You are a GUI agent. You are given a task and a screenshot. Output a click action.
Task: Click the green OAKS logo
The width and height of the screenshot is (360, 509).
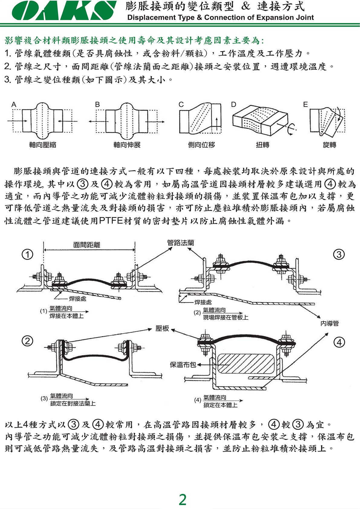[64, 11]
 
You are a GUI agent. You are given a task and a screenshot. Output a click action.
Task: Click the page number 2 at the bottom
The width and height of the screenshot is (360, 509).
[183, 500]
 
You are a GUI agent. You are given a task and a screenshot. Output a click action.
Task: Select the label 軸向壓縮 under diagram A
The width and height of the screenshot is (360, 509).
[43, 145]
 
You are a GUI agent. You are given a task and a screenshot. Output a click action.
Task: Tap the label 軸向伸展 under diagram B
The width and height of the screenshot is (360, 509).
[127, 145]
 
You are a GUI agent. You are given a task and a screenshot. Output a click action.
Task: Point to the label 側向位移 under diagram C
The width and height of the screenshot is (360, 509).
[202, 145]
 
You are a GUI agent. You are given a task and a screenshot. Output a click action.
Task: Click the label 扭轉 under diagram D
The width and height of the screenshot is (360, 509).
[262, 145]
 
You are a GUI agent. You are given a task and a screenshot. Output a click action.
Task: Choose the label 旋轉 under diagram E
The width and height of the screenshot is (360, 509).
[329, 145]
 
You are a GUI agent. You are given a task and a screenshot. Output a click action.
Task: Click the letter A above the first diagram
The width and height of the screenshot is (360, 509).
[14, 105]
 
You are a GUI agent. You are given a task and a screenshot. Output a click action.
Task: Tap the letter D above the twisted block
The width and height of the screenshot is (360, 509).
[233, 105]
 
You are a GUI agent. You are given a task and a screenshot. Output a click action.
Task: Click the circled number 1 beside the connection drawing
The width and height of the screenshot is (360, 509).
[28, 254]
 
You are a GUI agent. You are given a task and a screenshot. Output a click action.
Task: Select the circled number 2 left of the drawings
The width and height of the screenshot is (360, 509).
[28, 341]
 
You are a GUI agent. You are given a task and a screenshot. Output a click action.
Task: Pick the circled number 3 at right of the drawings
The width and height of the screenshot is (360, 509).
[339, 254]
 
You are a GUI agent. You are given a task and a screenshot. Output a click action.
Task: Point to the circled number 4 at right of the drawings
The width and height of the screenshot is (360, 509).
[339, 342]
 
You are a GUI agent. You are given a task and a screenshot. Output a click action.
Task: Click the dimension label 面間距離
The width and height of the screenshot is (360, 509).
[87, 245]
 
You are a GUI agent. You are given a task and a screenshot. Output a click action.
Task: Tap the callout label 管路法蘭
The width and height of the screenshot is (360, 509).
[180, 243]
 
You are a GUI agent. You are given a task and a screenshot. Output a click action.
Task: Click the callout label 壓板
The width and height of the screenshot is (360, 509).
[162, 329]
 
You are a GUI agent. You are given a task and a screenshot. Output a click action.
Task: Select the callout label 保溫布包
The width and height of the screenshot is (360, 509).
[183, 365]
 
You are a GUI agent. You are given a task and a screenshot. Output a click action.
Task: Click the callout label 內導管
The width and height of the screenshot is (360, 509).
[330, 323]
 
